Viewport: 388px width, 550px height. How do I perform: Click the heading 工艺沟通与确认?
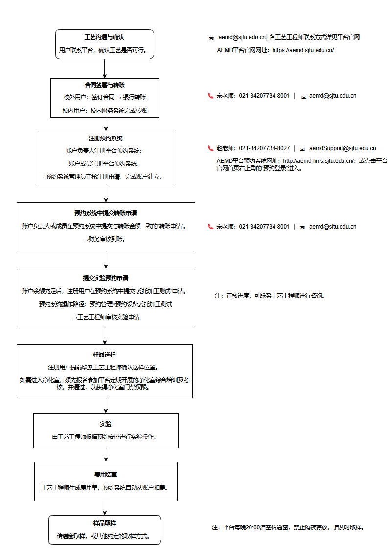(104, 37)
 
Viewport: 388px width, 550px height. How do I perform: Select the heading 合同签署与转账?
(105, 85)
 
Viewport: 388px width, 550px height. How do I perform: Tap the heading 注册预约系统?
(106, 138)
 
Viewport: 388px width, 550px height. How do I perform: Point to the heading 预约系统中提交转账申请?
(106, 213)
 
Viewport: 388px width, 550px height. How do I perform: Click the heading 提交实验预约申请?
(106, 278)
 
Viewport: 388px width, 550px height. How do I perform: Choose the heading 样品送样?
(104, 354)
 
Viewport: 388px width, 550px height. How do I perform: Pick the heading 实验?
(106, 424)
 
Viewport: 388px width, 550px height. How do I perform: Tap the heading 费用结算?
(106, 474)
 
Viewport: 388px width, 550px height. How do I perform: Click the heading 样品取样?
(105, 523)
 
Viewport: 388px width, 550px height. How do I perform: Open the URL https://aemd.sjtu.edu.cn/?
(303, 50)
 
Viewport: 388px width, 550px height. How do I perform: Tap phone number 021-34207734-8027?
(264, 148)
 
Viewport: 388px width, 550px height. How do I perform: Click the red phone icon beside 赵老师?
(211, 148)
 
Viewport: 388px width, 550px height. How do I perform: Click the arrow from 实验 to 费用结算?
(106, 455)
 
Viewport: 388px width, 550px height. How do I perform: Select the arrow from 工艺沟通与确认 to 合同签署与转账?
(105, 69)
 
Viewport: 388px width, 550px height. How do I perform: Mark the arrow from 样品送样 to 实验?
(106, 406)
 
